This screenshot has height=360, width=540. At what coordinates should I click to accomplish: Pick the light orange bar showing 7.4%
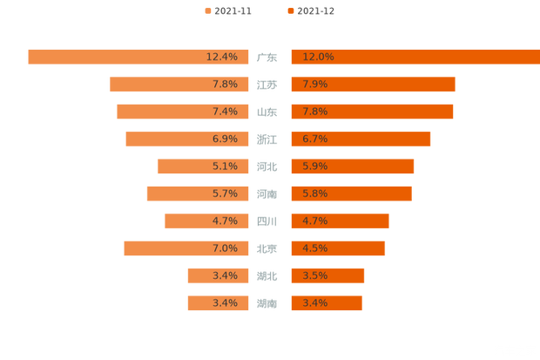click(161, 112)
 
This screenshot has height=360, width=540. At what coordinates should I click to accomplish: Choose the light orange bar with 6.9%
click(165, 139)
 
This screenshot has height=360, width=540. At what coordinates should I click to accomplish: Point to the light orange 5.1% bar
click(183, 166)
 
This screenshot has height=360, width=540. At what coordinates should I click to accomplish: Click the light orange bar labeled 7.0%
click(165, 248)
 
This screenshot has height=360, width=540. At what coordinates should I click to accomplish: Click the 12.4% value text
click(222, 57)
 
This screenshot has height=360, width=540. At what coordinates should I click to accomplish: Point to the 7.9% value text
click(314, 85)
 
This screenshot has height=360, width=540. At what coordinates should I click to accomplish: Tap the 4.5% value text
click(314, 248)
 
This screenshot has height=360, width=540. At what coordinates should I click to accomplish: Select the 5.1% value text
click(225, 166)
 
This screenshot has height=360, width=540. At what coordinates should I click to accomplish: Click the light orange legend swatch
click(206, 10)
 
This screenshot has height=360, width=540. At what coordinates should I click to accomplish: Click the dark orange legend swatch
click(288, 10)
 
